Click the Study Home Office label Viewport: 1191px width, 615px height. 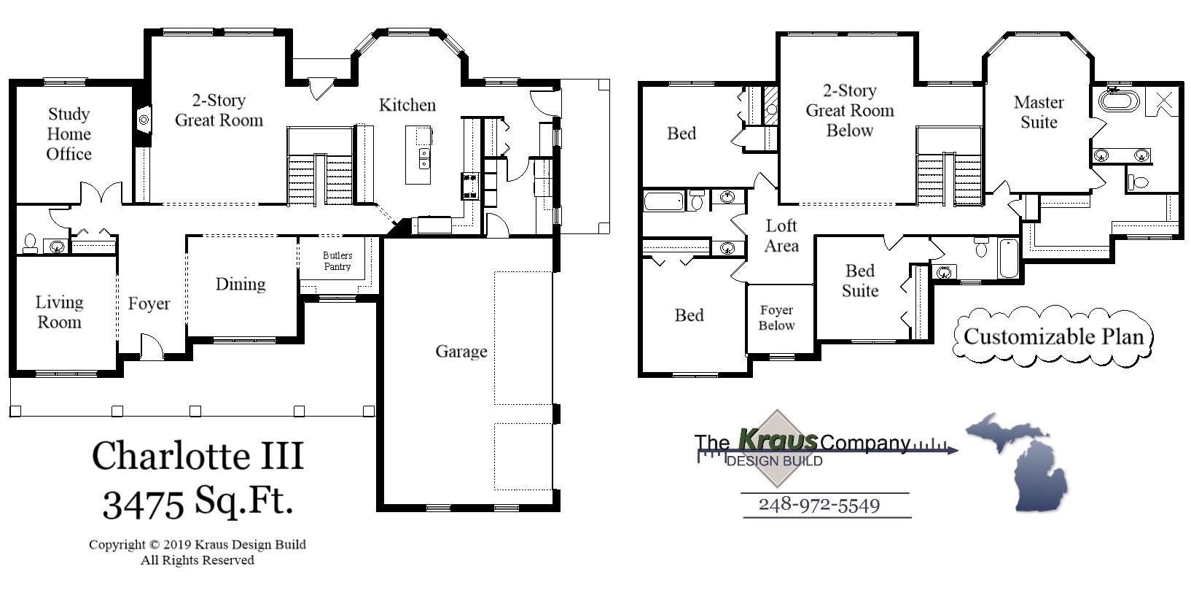69,134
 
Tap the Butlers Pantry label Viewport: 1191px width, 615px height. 337,261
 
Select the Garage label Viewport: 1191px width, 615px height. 461,352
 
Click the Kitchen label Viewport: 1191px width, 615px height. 407,105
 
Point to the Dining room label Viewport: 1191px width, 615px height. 240,285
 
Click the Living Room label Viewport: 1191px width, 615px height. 59,312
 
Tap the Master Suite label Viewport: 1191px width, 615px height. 1039,112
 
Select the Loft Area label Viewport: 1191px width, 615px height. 781,236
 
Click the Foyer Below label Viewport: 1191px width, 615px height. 776,318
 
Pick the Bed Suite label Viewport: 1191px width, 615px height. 859,281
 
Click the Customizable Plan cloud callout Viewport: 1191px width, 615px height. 1053,336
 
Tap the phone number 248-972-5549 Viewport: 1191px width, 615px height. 819,505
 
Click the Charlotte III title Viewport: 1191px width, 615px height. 198,456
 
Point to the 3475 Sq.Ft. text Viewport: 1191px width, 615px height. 198,503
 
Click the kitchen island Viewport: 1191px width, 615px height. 418,155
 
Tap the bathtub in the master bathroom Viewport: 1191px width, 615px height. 1117,100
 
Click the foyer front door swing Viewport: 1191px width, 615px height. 151,348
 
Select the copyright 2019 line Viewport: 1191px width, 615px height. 198,544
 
